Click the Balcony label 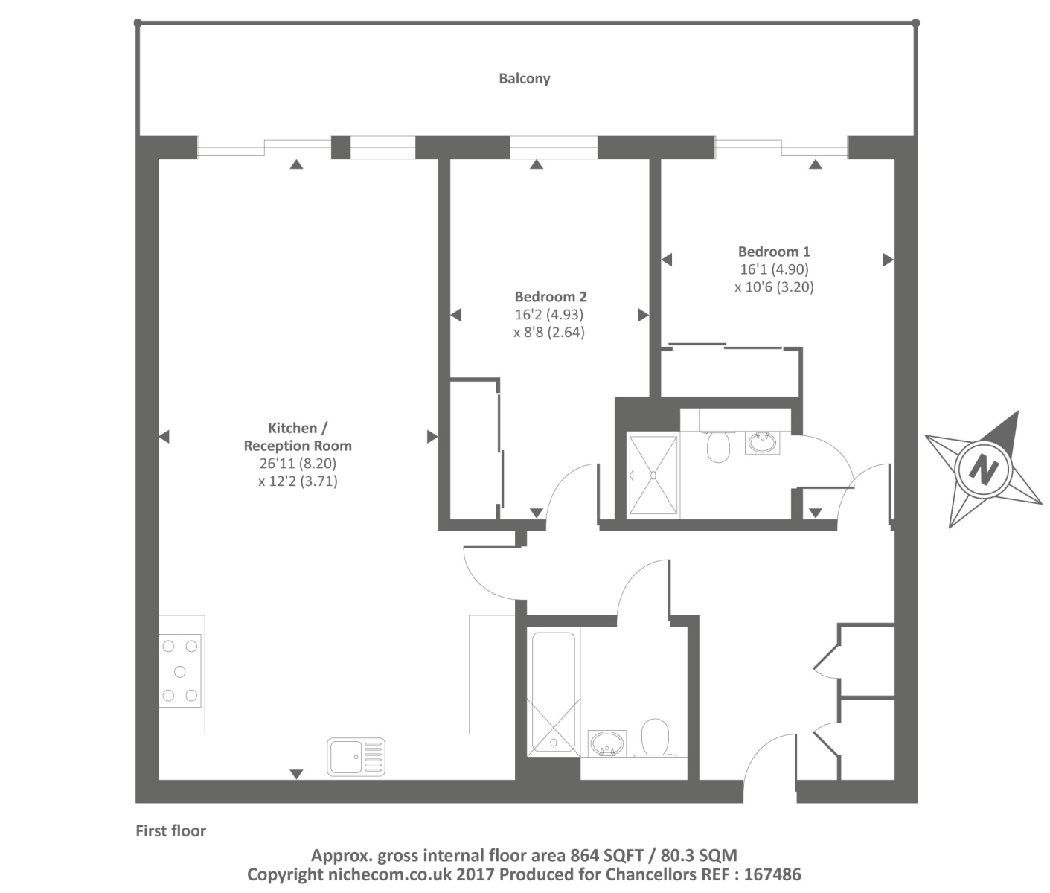(524, 78)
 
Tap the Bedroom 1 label (773, 252)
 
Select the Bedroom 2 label (550, 296)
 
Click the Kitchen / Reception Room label (298, 437)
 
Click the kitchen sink (356, 757)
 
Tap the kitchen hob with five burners (179, 671)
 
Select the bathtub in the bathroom (553, 692)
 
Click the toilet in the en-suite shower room (718, 446)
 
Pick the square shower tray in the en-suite (653, 476)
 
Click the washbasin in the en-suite (762, 443)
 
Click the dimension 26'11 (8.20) (298, 463)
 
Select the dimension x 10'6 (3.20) (774, 287)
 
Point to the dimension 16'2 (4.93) (549, 314)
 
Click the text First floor (170, 830)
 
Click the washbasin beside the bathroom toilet (607, 743)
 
